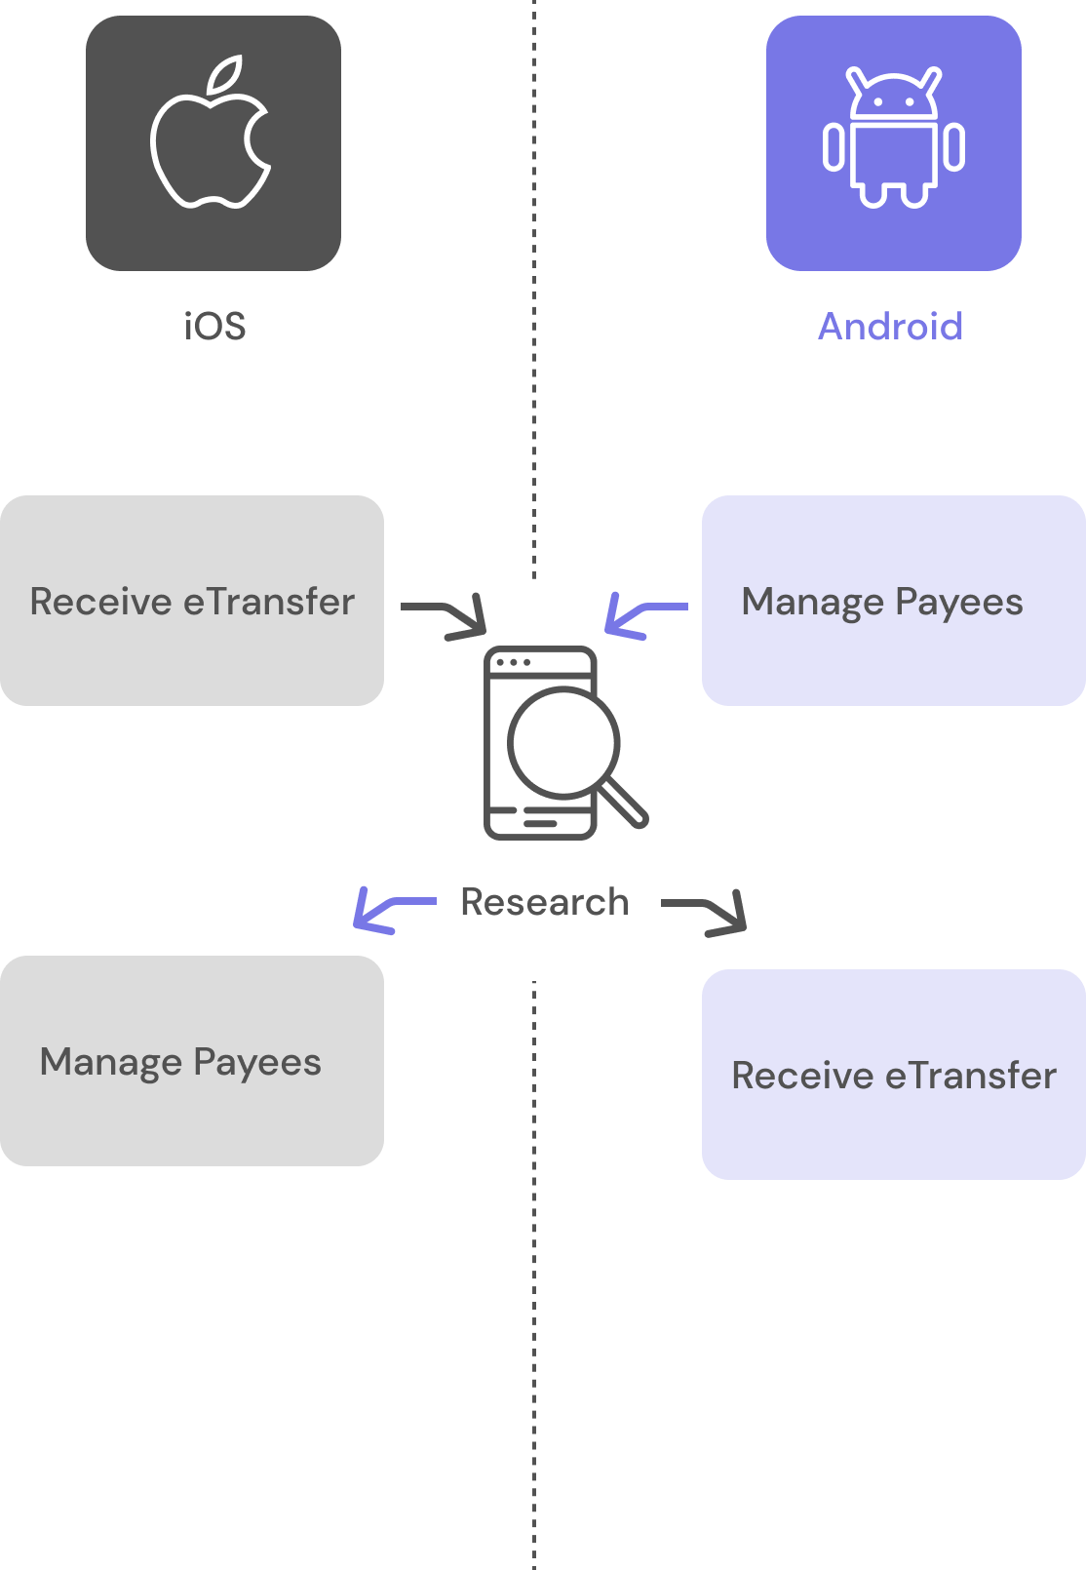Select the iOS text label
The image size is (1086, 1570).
tap(214, 327)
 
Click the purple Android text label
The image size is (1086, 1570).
tap(890, 327)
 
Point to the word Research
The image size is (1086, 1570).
tap(544, 902)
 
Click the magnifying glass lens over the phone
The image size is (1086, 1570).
tap(563, 743)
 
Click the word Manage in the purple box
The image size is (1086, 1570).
tap(812, 603)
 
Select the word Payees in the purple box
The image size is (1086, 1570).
tap(959, 603)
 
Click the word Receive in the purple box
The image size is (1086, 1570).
tap(802, 1076)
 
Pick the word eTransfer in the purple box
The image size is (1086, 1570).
tap(970, 1076)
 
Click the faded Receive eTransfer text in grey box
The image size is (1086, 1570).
tap(190, 602)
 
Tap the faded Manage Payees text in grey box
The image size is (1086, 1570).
tap(181, 1062)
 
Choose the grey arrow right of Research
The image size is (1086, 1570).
tap(707, 913)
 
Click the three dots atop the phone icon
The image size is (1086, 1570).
tap(513, 662)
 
